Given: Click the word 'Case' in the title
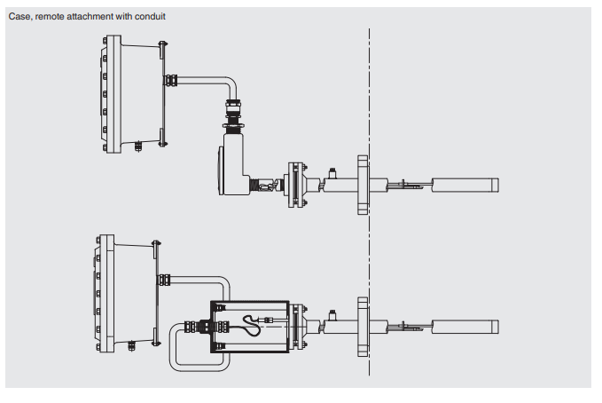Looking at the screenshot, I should (18, 16).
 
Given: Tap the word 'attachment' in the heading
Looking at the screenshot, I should (95, 16).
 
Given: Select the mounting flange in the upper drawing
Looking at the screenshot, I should (362, 186).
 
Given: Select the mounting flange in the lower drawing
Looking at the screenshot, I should (362, 326).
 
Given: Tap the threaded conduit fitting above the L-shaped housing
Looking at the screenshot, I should (235, 116).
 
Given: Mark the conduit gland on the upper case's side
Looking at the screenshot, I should (170, 80).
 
